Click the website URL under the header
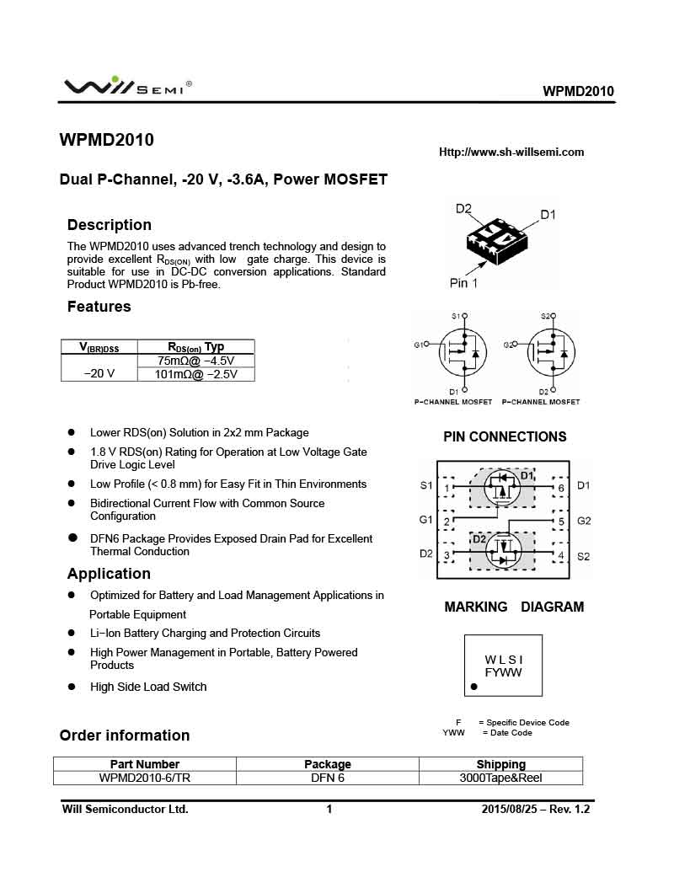pyautogui.click(x=511, y=152)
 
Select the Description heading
pyautogui.click(x=110, y=225)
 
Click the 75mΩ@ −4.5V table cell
pyautogui.click(x=195, y=361)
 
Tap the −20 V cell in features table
pyautogui.click(x=99, y=373)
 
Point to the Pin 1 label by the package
pyautogui.click(x=463, y=283)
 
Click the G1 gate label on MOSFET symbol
pyautogui.click(x=419, y=345)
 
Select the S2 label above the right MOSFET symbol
pyautogui.click(x=545, y=316)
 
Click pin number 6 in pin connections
pyautogui.click(x=561, y=488)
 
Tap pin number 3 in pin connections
pyautogui.click(x=447, y=554)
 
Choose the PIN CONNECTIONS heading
pyautogui.click(x=505, y=436)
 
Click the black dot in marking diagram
pyautogui.click(x=474, y=687)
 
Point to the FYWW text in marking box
pyautogui.click(x=504, y=672)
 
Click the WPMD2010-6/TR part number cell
pyautogui.click(x=145, y=778)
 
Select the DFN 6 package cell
pyautogui.click(x=328, y=778)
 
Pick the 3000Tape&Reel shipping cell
pyautogui.click(x=500, y=778)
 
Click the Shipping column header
pyautogui.click(x=500, y=764)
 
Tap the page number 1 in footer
pyautogui.click(x=329, y=810)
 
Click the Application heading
pyautogui.click(x=109, y=574)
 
